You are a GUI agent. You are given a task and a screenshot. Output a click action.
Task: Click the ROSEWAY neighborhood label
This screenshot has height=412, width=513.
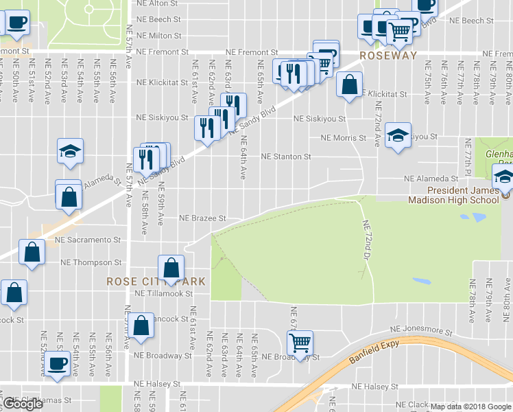(389, 56)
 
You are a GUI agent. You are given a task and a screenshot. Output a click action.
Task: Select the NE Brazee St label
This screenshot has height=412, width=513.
(202, 218)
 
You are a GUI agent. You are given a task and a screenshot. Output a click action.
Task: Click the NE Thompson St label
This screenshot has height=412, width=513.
(91, 262)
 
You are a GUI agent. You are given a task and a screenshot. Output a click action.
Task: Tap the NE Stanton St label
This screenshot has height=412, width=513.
(286, 157)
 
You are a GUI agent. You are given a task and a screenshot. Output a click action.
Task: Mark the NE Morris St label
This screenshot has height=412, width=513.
(344, 138)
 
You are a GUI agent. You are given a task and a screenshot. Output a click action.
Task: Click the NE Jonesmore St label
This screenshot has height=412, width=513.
(421, 330)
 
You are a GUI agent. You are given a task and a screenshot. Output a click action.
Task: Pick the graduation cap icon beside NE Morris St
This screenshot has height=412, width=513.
(398, 136)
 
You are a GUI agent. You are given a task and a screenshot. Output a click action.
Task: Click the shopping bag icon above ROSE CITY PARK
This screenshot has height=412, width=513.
(171, 266)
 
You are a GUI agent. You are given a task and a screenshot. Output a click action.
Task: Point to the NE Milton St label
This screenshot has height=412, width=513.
(159, 36)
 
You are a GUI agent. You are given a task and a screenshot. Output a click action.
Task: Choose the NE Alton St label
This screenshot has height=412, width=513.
(158, 4)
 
